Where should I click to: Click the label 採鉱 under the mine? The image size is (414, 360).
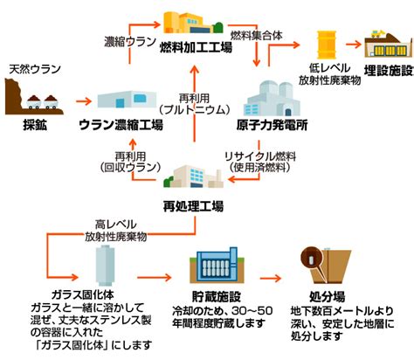[35, 126]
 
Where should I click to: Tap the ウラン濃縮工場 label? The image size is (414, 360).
[121, 125]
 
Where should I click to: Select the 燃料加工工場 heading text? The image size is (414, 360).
[196, 48]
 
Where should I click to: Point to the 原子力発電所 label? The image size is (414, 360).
[272, 125]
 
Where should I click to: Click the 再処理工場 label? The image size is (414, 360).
[193, 206]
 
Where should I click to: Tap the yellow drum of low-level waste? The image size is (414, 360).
[327, 45]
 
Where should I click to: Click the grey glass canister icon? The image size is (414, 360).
[105, 266]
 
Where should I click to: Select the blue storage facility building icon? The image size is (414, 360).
[217, 266]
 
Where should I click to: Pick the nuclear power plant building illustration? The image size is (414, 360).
[272, 99]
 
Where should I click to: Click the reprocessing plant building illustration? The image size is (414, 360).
[193, 177]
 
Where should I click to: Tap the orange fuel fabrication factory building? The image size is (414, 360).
[193, 23]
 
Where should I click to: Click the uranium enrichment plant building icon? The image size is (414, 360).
[127, 100]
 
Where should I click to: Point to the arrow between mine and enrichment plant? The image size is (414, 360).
[84, 101]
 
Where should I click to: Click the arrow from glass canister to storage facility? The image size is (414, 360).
[154, 278]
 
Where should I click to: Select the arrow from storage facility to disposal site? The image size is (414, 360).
[271, 279]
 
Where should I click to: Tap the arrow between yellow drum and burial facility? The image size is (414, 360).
[354, 45]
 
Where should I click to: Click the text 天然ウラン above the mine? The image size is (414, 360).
[35, 69]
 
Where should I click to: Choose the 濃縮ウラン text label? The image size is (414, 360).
[130, 42]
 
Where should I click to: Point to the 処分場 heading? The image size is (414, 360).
[327, 297]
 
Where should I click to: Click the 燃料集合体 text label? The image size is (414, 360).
[257, 36]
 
